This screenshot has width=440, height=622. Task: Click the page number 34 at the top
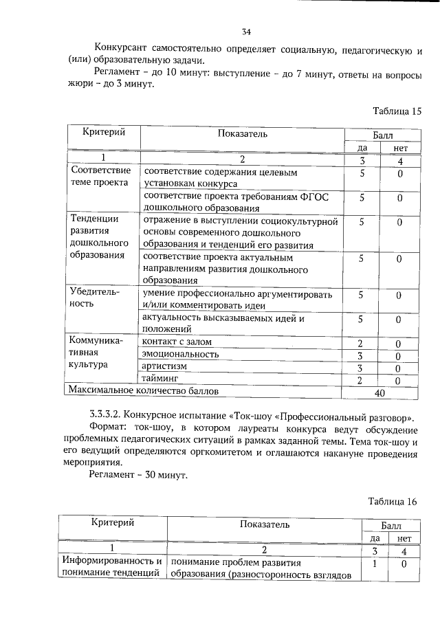click(246, 32)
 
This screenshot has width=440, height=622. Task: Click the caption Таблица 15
click(396, 111)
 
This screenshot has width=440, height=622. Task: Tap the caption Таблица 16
click(393, 501)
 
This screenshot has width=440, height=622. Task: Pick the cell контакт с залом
click(177, 342)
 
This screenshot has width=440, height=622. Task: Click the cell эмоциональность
click(180, 354)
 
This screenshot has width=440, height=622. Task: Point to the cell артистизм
click(164, 366)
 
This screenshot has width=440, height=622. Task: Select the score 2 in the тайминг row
click(360, 379)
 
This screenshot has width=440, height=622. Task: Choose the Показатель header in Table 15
click(243, 133)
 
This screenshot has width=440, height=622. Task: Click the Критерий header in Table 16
click(112, 523)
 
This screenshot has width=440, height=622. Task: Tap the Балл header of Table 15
click(383, 136)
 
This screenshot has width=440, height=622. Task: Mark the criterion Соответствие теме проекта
click(100, 177)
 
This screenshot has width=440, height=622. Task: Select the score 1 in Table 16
click(375, 564)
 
